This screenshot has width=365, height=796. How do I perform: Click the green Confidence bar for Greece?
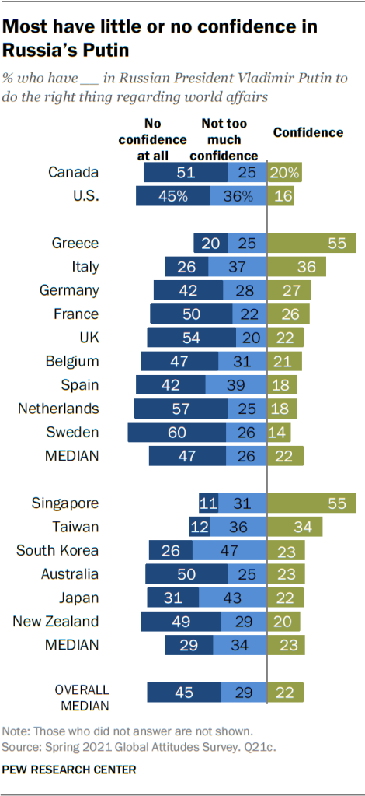click(311, 243)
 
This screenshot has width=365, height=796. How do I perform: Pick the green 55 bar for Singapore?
click(311, 503)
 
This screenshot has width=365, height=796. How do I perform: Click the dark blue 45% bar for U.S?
click(172, 195)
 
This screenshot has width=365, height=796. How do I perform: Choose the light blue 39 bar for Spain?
click(236, 384)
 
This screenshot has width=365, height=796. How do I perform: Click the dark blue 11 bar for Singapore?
click(208, 503)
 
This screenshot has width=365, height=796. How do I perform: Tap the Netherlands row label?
click(64, 407)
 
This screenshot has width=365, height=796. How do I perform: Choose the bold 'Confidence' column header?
click(308, 132)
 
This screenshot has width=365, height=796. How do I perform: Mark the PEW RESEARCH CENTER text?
click(69, 770)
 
